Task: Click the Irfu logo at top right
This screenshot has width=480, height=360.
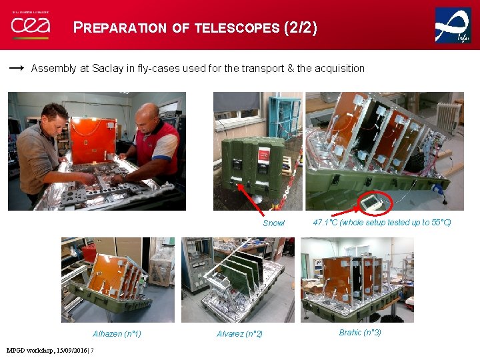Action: tap(453, 25)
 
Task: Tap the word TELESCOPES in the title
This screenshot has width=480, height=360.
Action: tap(236, 28)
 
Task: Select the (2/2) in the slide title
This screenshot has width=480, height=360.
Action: tap(301, 28)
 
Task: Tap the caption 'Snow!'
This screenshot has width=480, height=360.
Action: tap(273, 223)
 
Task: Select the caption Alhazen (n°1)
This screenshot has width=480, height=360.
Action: tap(117, 334)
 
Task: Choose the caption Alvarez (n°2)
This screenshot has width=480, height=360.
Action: tap(239, 334)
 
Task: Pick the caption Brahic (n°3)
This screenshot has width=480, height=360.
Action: tap(360, 333)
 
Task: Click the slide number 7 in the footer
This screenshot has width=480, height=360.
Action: tap(92, 351)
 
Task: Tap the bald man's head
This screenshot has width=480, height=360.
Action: tap(148, 114)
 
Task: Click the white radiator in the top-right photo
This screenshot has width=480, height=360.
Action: tap(448, 116)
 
